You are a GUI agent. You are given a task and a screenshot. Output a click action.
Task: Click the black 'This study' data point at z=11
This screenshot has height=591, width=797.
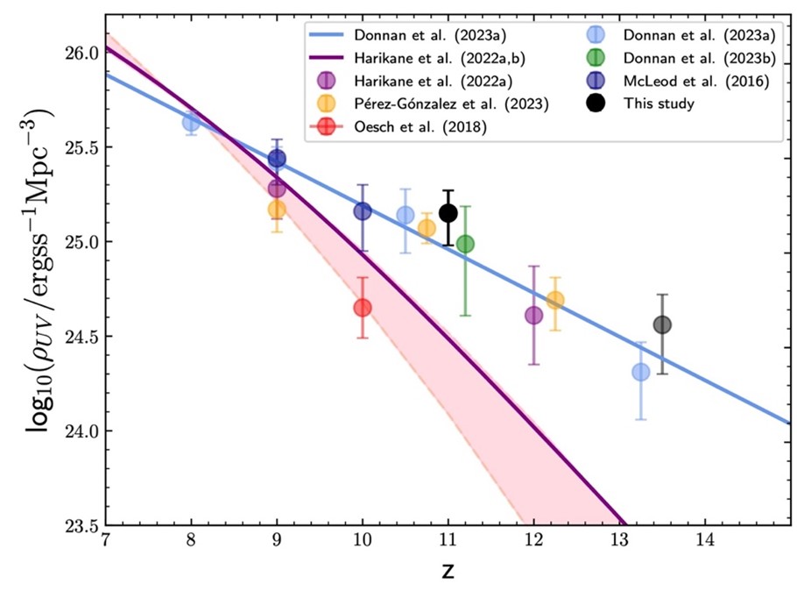tap(448, 213)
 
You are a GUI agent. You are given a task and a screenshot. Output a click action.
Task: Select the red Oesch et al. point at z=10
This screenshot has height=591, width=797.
tap(362, 308)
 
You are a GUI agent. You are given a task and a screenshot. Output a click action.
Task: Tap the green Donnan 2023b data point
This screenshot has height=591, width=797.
tap(465, 244)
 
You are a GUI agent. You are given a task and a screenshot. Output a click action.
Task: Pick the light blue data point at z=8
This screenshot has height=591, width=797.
tap(191, 122)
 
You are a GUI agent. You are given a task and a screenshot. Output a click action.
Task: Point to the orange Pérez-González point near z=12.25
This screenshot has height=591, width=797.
tap(555, 300)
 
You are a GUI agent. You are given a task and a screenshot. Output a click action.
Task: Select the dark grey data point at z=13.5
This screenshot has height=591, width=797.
tap(662, 324)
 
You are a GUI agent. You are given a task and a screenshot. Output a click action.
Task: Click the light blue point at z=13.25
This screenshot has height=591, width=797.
tap(641, 372)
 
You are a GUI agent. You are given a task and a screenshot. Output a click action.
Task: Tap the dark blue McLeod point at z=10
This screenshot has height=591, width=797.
tap(362, 211)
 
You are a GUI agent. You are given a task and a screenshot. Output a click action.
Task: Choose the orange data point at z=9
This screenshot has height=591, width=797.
tap(277, 209)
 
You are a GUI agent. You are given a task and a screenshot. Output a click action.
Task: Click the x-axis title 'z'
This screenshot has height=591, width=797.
tap(448, 571)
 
